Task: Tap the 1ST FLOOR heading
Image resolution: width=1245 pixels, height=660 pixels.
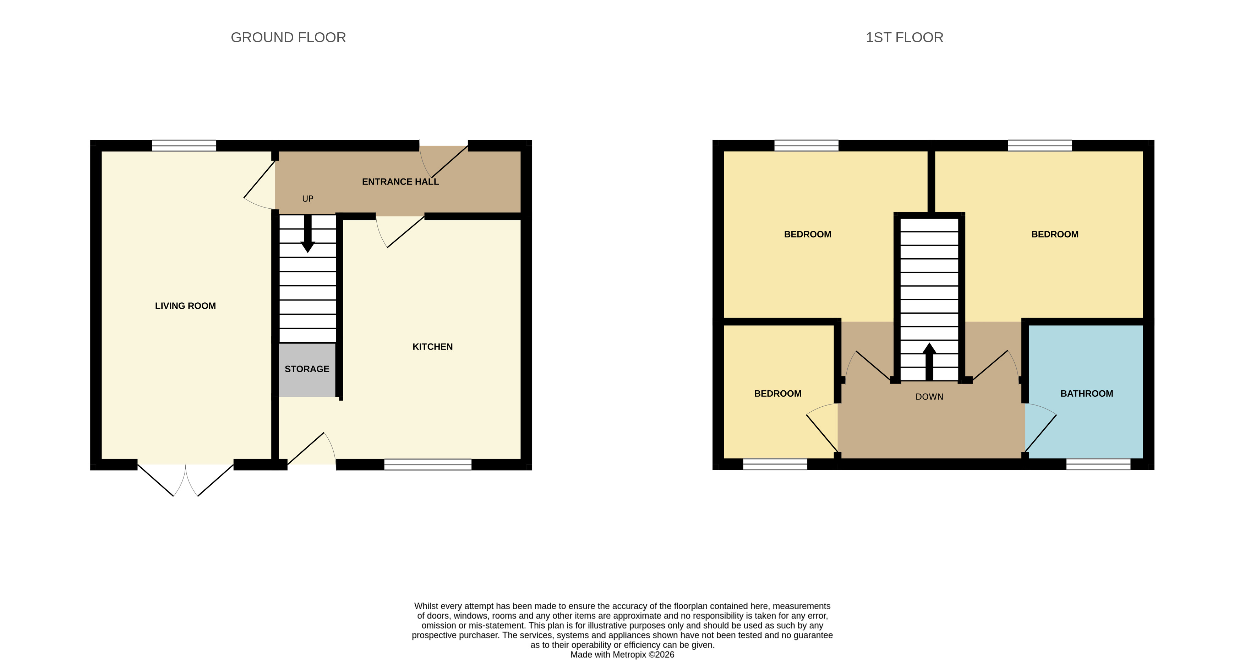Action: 904,37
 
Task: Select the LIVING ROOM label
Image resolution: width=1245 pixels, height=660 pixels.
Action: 185,306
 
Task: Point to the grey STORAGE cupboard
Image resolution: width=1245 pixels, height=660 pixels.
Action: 307,369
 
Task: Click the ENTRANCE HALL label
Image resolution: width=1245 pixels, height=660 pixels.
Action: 400,182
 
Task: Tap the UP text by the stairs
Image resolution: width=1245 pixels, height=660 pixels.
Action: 307,199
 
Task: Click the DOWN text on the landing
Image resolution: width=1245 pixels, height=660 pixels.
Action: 929,397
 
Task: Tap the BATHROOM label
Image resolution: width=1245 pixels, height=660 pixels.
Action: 1086,394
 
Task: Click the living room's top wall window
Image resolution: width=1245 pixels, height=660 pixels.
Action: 184,145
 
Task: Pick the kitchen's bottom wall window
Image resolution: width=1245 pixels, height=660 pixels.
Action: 428,464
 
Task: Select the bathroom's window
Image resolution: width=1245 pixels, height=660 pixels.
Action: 1098,464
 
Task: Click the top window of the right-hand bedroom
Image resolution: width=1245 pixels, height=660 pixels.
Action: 1039,145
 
